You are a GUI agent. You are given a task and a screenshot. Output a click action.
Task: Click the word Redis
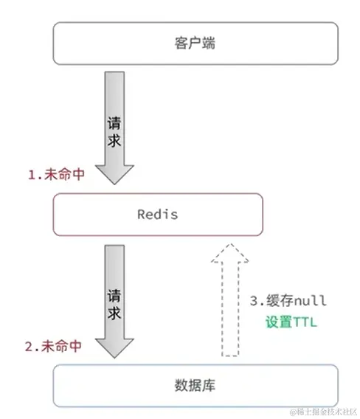tap(158, 215)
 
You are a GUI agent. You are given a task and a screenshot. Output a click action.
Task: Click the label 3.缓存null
tap(288, 301)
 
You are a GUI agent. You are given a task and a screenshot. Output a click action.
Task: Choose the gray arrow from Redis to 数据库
tap(114, 295)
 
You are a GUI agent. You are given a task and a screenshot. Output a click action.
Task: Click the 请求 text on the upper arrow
tap(114, 129)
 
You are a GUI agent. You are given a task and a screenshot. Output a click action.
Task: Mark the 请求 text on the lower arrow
tap(114, 299)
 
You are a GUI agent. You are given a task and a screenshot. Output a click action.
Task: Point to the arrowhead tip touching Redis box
tap(114, 182)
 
